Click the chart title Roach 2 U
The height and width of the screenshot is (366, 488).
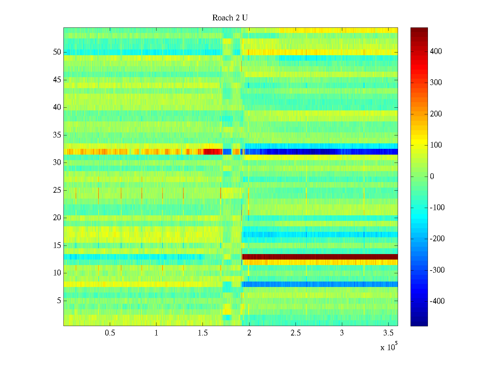point(230,18)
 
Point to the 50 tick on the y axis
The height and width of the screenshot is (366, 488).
point(57,52)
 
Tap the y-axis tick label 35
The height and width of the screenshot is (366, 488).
point(57,135)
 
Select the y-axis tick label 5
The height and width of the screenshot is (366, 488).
point(59,301)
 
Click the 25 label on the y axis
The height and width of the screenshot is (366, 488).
point(57,190)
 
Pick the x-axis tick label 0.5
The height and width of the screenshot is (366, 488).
point(110,333)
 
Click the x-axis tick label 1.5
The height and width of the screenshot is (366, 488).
point(203,333)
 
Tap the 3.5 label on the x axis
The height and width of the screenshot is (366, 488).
point(388,333)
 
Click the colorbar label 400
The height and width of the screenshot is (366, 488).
point(436,52)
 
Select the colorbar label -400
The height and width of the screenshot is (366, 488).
point(437,301)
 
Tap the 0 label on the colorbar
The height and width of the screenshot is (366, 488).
point(432,177)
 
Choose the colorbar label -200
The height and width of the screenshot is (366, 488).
point(437,239)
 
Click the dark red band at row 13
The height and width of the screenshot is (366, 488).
point(320,257)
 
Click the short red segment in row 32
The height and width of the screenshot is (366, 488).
point(213,152)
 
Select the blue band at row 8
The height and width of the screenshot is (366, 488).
point(320,284)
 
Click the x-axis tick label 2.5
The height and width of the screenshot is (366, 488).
point(296,333)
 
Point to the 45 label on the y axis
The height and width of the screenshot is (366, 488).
point(57,80)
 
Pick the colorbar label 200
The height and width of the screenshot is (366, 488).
point(436,114)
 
